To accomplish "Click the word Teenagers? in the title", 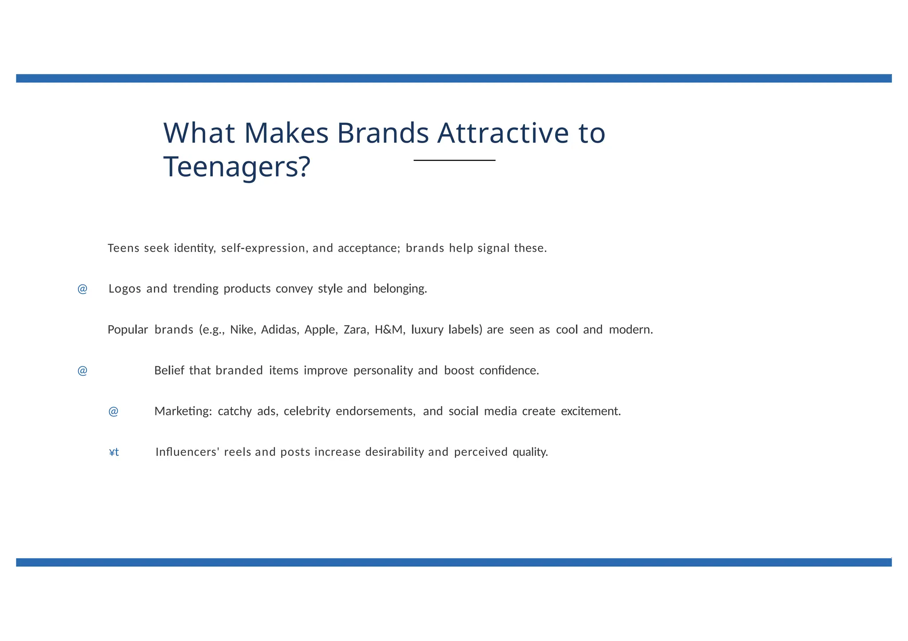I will tap(237, 167).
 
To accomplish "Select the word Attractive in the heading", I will tap(503, 133).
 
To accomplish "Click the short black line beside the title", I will tap(454, 160).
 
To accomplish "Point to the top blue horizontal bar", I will tap(454, 78).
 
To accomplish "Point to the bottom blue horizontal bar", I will tap(454, 563).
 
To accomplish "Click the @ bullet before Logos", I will tap(82, 289).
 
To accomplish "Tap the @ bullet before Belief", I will tap(82, 370).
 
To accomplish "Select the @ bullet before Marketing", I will tap(113, 412).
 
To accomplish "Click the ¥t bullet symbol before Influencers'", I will tap(114, 452).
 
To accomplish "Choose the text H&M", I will tap(389, 330).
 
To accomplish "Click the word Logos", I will tap(125, 289).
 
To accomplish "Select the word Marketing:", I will tap(183, 412).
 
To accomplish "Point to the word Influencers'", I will tap(188, 452).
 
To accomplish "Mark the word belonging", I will tap(400, 289).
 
